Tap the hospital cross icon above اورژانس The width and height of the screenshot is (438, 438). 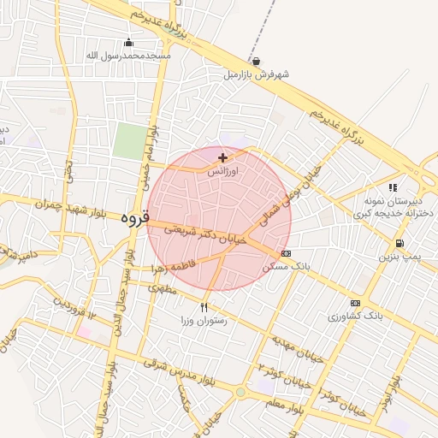click(223, 157)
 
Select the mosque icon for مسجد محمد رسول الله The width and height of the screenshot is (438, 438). click(128, 43)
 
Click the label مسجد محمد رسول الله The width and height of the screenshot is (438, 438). click(128, 56)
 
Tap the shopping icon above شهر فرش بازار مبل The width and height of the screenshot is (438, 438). click(256, 62)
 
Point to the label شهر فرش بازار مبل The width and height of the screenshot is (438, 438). click(256, 75)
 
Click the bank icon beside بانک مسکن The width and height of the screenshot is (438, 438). click(285, 253)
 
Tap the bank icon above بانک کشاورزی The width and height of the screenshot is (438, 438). click(355, 303)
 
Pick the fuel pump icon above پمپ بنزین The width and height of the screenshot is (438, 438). click(400, 243)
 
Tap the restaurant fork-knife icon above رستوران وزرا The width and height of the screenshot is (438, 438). click(204, 307)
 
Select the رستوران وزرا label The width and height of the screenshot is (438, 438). click(203, 321)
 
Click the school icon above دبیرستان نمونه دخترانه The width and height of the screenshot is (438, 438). click(393, 186)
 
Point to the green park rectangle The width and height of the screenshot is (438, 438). click(129, 141)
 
